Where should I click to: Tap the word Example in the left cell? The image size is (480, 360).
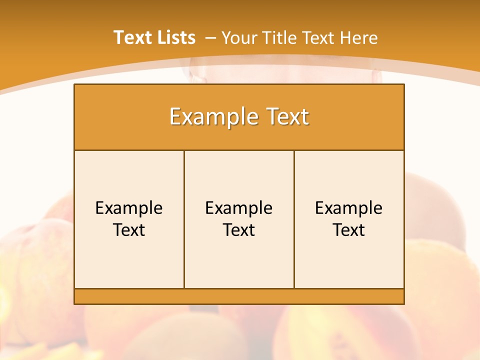tap(129, 208)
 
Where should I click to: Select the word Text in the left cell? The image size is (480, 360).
tap(129, 230)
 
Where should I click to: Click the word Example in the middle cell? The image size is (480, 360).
tap(239, 208)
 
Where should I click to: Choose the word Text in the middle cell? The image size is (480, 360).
tap(239, 230)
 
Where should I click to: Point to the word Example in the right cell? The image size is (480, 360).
tap(349, 208)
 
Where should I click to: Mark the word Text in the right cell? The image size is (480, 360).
tap(349, 230)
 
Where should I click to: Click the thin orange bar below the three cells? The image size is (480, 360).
tap(239, 296)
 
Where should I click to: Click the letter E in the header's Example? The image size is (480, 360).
tap(175, 117)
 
